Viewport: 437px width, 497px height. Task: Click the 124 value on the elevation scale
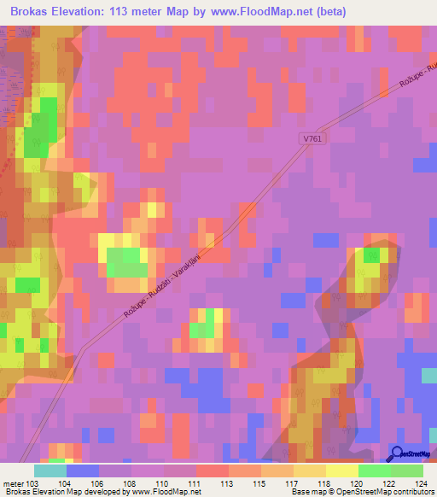(421, 483)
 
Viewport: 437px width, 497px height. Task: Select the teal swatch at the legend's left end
(50, 471)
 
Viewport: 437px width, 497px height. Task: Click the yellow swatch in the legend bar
(342, 471)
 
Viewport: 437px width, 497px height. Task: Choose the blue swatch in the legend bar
(83, 471)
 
